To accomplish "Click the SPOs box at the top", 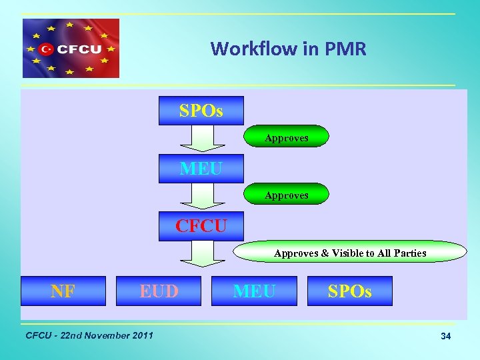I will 201,111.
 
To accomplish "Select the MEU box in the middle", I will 201,169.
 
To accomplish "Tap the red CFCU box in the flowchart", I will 201,226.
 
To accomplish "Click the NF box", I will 63,291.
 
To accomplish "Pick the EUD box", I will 159,291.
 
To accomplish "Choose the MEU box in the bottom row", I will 254,291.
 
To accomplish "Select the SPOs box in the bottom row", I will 349,291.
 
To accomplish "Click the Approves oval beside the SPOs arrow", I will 286,137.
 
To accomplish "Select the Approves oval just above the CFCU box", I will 286,194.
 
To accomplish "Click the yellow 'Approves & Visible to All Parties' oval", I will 350,252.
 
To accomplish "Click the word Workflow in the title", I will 243,49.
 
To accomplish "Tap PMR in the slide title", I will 347,49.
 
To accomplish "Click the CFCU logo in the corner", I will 71,48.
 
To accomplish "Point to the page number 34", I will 445,337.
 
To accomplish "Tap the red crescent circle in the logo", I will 46,48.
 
